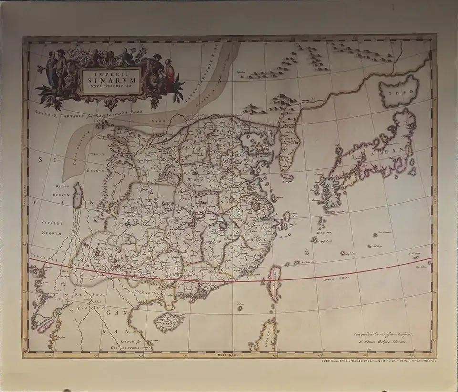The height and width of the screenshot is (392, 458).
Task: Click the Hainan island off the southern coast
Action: pos(170,320)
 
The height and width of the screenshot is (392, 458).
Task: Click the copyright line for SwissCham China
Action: pos(379,361)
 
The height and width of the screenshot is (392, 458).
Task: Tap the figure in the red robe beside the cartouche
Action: pos(169,70)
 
